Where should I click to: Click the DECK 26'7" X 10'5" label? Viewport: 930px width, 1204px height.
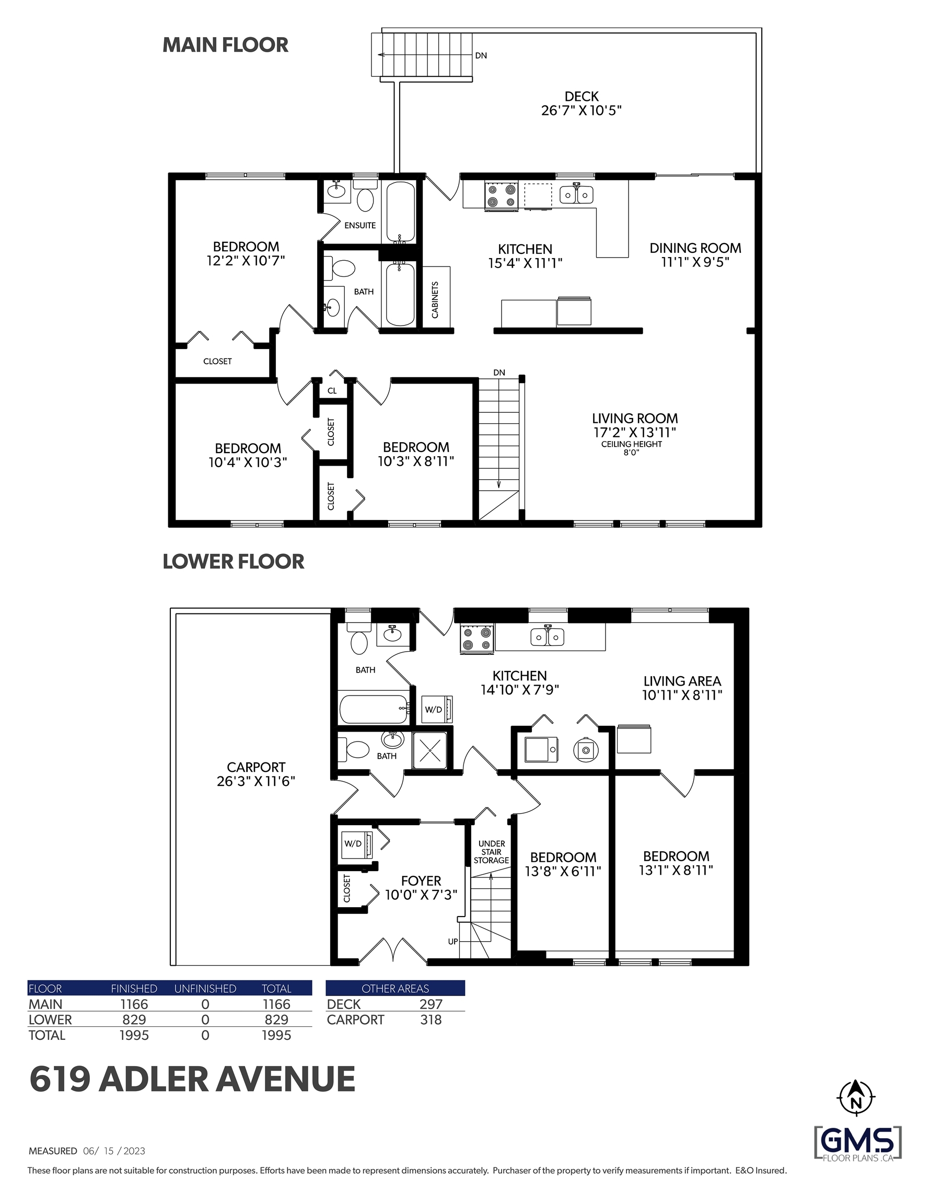581,103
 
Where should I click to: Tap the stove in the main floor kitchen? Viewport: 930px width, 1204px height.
501,196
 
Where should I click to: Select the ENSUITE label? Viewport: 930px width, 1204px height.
360,225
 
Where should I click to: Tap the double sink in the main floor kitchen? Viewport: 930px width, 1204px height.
576,194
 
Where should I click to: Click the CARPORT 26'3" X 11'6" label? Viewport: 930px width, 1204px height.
256,774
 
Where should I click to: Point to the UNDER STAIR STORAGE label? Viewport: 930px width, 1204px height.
491,852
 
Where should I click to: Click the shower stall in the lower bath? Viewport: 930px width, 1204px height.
429,750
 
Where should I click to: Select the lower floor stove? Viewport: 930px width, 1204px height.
477,640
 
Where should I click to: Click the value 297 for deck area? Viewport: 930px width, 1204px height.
431,1004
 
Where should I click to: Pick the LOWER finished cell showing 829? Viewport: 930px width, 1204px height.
134,1020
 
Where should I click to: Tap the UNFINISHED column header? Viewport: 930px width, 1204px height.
205,989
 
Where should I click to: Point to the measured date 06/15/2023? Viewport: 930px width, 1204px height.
114,1151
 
